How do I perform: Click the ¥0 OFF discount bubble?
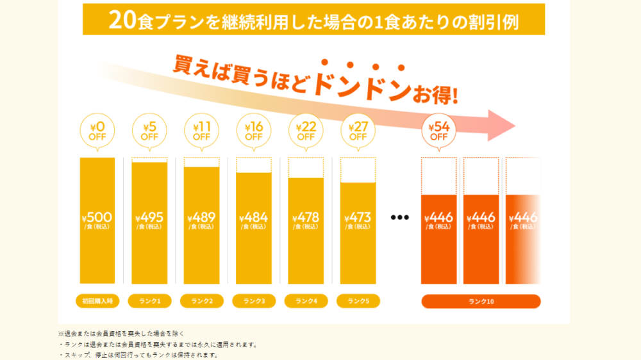(x=97, y=130)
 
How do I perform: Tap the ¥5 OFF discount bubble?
(x=149, y=130)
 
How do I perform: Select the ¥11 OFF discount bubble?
(x=201, y=130)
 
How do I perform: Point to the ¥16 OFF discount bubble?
(x=254, y=130)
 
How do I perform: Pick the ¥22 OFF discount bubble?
(x=306, y=130)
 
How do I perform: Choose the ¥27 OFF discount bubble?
(x=358, y=130)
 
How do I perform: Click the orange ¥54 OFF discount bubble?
(x=438, y=130)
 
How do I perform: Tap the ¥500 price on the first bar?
(x=97, y=220)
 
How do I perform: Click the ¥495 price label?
(x=149, y=220)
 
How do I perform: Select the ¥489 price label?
(x=201, y=220)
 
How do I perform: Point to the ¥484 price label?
(x=254, y=220)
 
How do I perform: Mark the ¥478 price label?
(x=306, y=220)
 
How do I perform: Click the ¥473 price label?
(x=358, y=220)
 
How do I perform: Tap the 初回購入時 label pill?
(x=97, y=301)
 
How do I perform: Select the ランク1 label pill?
(x=149, y=301)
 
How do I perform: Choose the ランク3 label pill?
(x=254, y=301)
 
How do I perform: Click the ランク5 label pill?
(x=358, y=301)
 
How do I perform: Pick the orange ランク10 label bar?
(x=481, y=301)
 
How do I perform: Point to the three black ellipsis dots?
(x=400, y=217)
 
